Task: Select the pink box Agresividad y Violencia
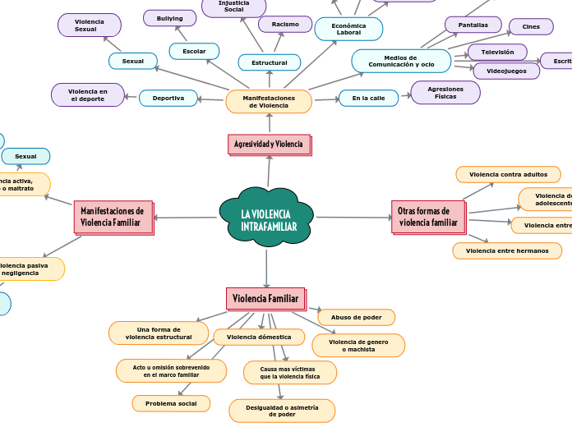pyautogui.click(x=269, y=145)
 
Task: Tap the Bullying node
pyautogui.click(x=169, y=18)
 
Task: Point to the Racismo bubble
pyautogui.click(x=285, y=25)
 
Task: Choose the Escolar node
pyautogui.click(x=194, y=51)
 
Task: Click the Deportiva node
pyautogui.click(x=168, y=99)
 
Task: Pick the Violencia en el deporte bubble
pyautogui.click(x=88, y=94)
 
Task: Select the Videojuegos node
pyautogui.click(x=506, y=71)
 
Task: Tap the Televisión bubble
pyautogui.click(x=497, y=53)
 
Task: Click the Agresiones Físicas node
pyautogui.click(x=445, y=93)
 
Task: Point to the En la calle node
pyautogui.click(x=368, y=99)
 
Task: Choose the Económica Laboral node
pyautogui.click(x=348, y=29)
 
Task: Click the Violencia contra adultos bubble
pyautogui.click(x=508, y=174)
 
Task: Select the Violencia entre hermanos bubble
pyautogui.click(x=507, y=250)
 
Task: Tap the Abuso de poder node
pyautogui.click(x=356, y=317)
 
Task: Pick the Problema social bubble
pyautogui.click(x=171, y=403)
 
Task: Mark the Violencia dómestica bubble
pyautogui.click(x=259, y=337)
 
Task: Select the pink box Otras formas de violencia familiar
pyautogui.click(x=428, y=217)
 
